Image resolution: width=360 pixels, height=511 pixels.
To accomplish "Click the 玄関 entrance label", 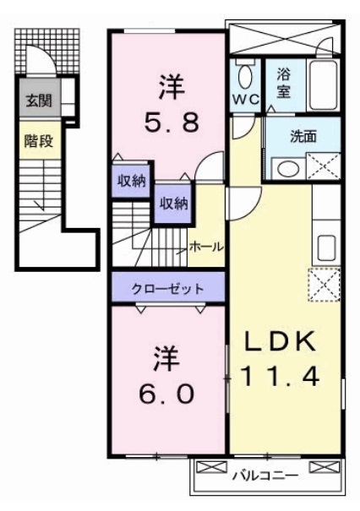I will tap(36, 101).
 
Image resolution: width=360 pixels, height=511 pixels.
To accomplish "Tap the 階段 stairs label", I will tap(38, 141).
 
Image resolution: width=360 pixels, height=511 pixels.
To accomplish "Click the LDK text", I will tap(281, 341).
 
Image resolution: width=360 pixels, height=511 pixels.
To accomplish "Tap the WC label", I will tap(244, 97).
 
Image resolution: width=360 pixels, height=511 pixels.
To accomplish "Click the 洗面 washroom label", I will tap(303, 137).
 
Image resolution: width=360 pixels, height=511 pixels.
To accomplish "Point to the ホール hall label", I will tap(205, 247).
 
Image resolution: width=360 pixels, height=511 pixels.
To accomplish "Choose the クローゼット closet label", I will tap(167, 288).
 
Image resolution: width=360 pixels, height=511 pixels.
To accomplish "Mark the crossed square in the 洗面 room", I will tap(322, 166).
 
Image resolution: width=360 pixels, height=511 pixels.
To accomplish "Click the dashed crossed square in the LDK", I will tap(325, 284).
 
